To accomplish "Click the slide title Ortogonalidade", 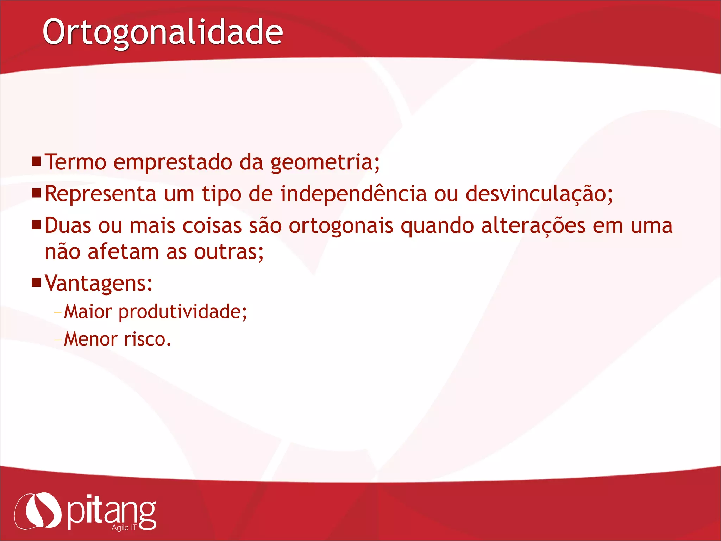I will point(163,32).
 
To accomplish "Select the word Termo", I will point(75,162).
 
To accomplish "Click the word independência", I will point(353,194).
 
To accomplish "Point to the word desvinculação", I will point(539,194).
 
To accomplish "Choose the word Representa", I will point(100,194).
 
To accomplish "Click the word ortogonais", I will point(341,226).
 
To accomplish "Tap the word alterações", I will point(533,226).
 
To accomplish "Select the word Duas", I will point(68,226).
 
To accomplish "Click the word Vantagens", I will point(98,283).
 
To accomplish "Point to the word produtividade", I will point(182,312).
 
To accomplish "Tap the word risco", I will point(147,340).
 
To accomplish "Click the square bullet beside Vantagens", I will point(37,282).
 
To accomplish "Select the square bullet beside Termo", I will point(37,162).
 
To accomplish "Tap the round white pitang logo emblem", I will point(38,510).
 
